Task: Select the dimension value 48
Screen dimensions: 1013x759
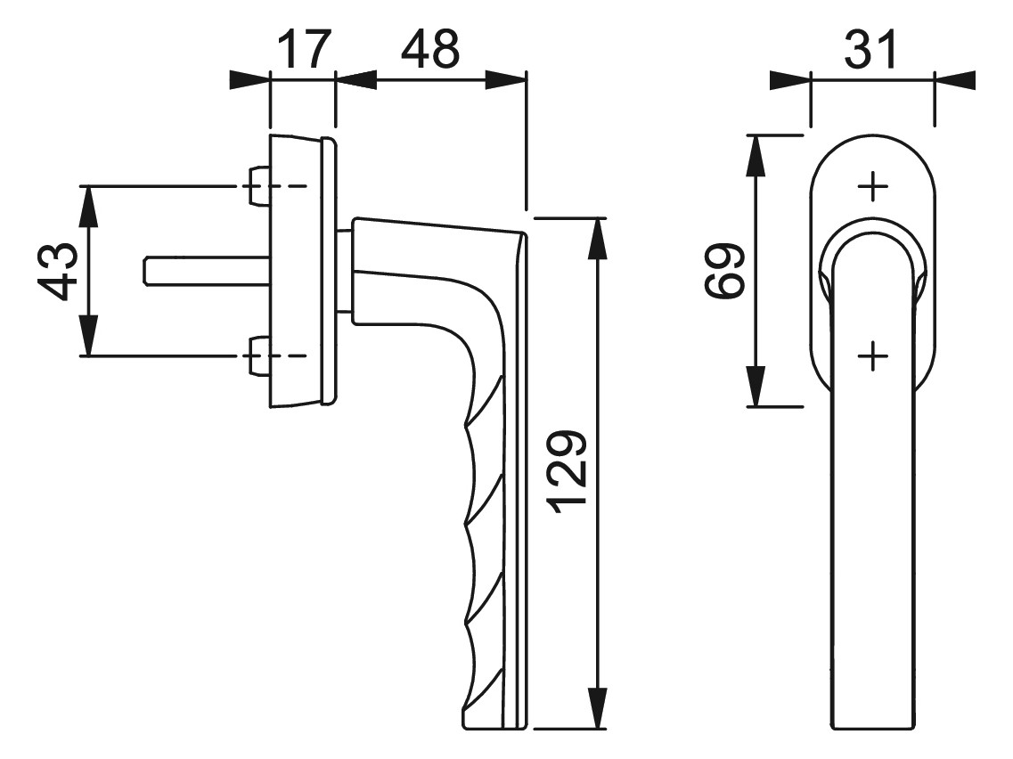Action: click(429, 48)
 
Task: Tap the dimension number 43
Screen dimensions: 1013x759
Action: click(58, 271)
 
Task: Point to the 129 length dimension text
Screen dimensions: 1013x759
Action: click(567, 468)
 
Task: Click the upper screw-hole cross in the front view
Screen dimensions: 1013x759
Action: click(873, 187)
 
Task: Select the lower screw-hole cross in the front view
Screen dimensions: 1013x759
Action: click(873, 355)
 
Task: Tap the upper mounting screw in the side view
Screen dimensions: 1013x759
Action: click(258, 187)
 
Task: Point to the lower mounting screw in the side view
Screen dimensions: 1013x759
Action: click(258, 355)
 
